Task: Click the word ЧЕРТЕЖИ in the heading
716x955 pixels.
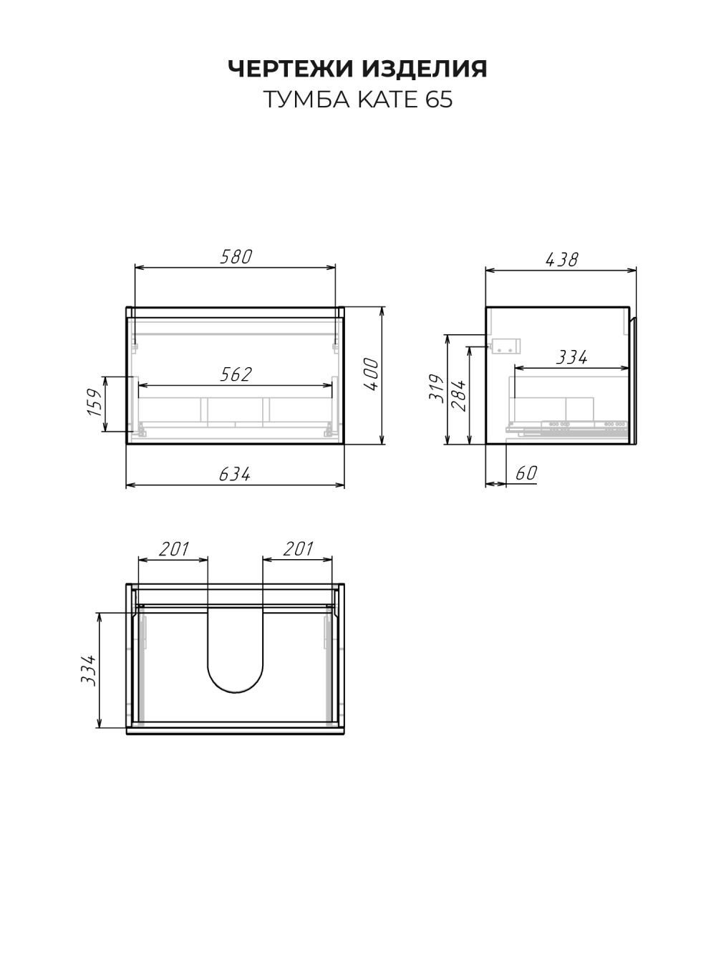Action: point(291,69)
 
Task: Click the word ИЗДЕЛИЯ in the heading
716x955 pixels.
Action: point(425,69)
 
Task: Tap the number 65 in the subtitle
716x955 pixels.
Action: point(439,100)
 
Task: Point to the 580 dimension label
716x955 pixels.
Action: point(236,257)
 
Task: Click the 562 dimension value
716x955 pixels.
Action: point(236,374)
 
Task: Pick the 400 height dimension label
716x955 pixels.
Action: point(371,374)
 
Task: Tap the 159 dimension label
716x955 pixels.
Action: point(95,402)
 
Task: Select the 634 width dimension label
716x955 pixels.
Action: point(234,474)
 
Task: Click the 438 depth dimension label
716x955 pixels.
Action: point(561,260)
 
